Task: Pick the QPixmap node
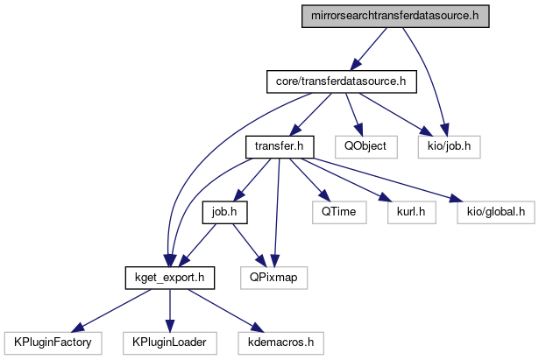click(x=273, y=278)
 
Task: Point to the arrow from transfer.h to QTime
click(x=307, y=180)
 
